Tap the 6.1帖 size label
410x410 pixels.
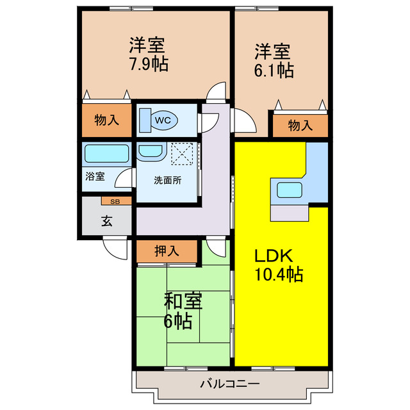274,69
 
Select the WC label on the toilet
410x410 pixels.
163,119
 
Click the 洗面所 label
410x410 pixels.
167,180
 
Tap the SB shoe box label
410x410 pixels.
116,201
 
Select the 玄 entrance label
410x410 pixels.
106,222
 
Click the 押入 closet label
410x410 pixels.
167,250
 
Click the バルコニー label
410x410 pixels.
229,384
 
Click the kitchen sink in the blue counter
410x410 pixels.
290,190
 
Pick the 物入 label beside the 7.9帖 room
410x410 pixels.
107,119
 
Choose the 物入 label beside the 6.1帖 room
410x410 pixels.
300,126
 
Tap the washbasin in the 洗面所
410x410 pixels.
151,152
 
